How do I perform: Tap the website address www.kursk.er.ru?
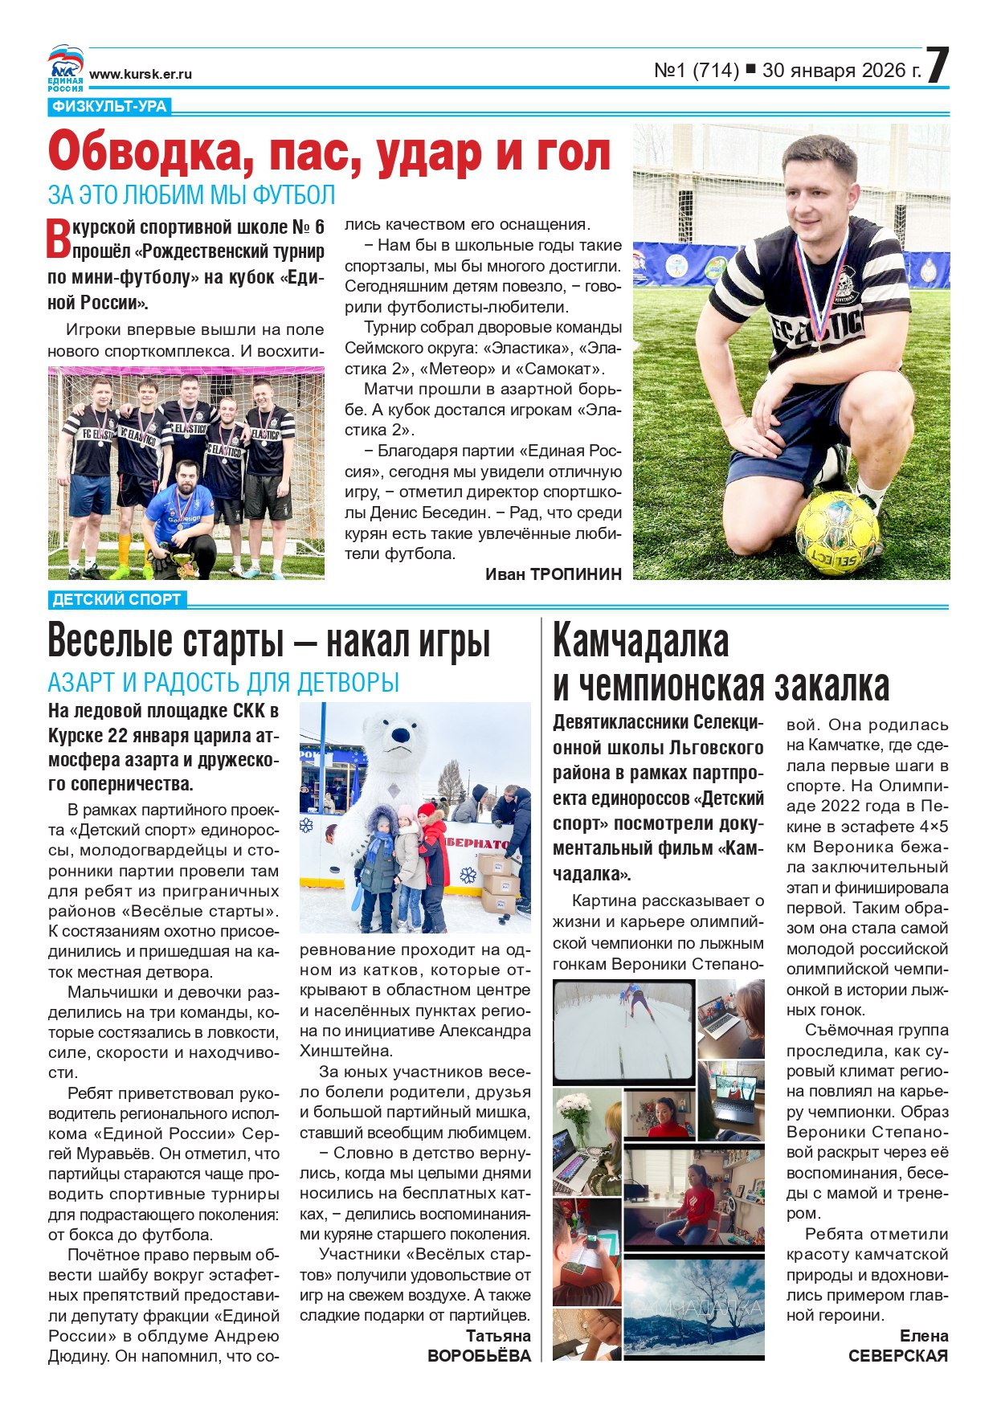(141, 74)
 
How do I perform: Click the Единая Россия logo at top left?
(65, 67)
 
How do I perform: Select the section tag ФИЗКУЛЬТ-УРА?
(109, 107)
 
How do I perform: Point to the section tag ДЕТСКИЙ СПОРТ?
(117, 599)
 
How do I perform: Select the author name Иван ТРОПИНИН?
(553, 574)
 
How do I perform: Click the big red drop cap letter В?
(59, 239)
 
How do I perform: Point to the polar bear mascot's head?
(395, 735)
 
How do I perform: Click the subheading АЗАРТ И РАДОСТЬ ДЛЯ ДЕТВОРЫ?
(223, 683)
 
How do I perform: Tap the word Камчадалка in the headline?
(641, 641)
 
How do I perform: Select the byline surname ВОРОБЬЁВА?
(479, 1356)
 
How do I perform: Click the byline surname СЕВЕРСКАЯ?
(897, 1356)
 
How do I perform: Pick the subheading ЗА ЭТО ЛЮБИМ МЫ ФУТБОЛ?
(191, 195)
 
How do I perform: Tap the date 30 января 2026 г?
(841, 71)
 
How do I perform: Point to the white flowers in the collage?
(574, 1113)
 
